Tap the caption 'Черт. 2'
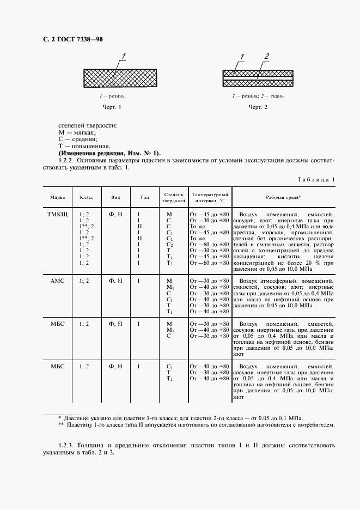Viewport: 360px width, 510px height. (259, 107)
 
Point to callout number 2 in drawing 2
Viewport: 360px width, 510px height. (267, 56)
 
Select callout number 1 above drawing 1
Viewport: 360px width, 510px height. (124, 56)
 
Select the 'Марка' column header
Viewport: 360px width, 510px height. (57, 197)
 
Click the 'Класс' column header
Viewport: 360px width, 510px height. (87, 197)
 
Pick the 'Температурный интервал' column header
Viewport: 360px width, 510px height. (210, 197)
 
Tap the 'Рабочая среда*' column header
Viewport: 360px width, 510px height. (283, 197)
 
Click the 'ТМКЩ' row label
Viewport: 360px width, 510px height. (57, 215)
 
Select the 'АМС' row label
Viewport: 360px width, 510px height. (57, 280)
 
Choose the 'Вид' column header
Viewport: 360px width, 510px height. (116, 197)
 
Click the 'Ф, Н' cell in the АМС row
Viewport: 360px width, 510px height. (116, 280)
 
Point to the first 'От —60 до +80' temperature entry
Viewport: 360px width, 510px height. (209, 245)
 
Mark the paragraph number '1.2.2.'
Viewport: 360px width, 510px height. (68, 161)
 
